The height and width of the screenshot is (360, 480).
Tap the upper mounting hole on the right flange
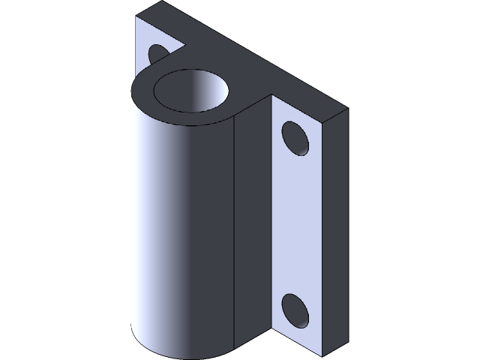pos(295,139)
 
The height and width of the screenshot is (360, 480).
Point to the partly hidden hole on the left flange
pos(159,54)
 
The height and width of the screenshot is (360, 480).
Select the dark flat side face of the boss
pos(253,225)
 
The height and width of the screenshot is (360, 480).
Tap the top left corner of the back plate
pos(136,16)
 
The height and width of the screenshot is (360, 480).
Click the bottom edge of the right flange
pos(296,340)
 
